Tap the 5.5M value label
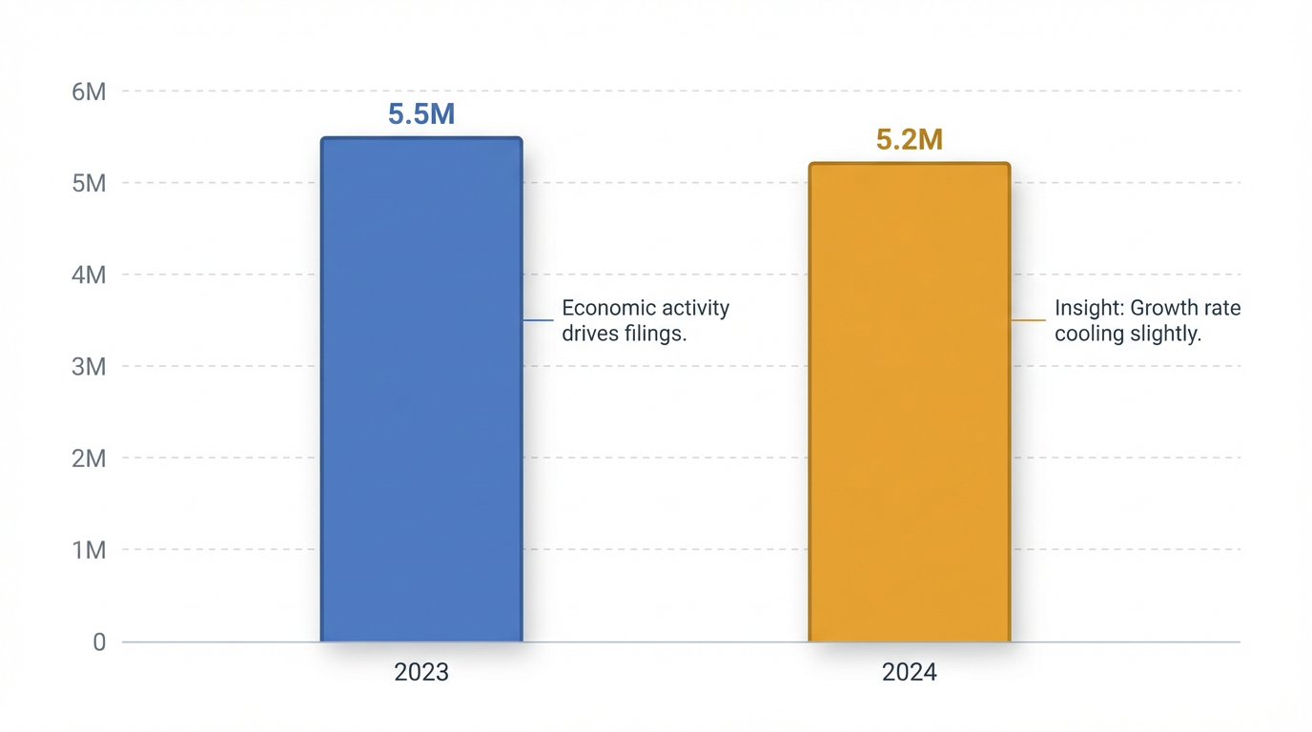421,114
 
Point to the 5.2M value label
909,140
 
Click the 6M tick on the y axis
89,91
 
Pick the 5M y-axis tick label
89,183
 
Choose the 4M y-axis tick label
89,274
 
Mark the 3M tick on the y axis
89,366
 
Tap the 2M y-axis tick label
89,458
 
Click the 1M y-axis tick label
89,550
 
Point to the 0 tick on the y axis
99,642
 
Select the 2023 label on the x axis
421,672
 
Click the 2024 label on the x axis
909,672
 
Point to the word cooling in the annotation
1085,335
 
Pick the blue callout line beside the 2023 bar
539,320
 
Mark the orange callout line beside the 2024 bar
1029,320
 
